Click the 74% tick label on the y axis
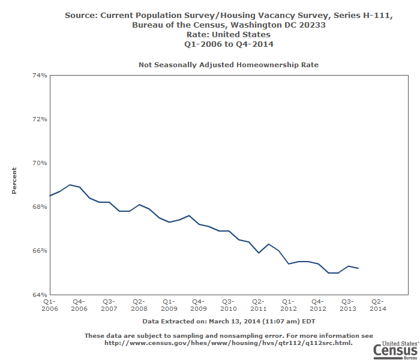click(40, 75)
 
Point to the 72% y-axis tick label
click(40, 119)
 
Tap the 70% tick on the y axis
click(40, 163)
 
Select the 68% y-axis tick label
click(40, 206)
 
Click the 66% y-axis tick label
click(40, 250)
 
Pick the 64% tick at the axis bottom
click(40, 294)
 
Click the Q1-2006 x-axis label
click(49, 305)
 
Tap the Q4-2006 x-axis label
click(79, 305)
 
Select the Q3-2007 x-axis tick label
click(109, 305)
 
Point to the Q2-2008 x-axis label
click(139, 305)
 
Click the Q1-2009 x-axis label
click(169, 305)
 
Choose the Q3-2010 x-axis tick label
click(228, 305)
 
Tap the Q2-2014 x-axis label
click(378, 305)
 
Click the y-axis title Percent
click(14, 184)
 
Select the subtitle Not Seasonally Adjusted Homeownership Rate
click(229, 64)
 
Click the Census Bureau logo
click(394, 349)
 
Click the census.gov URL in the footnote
click(229, 343)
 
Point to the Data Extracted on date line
click(229, 322)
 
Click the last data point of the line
click(358, 268)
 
